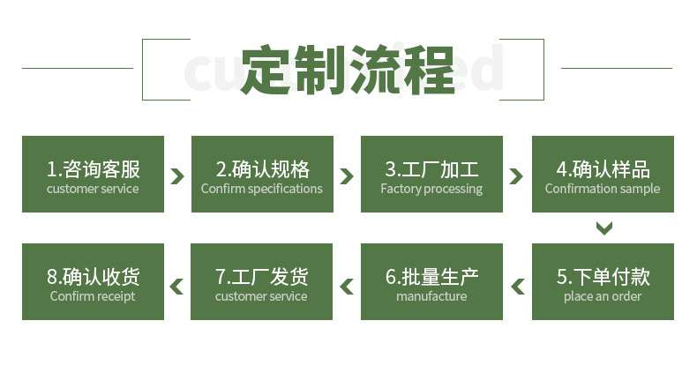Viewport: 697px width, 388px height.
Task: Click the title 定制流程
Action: coord(347,70)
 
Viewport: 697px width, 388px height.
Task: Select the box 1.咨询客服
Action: coord(93,174)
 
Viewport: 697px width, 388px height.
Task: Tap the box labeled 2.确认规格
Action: coord(262,174)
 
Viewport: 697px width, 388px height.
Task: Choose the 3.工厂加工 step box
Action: coord(431,174)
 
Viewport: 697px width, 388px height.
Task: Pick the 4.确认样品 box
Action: coord(603,174)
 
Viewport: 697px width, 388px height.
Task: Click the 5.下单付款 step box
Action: coord(603,281)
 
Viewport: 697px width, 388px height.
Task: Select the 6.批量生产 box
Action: coord(431,281)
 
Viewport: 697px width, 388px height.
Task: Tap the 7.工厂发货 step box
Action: coord(262,281)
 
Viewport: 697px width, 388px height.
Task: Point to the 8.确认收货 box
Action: coord(93,281)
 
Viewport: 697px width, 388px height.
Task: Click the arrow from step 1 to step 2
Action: coord(177,175)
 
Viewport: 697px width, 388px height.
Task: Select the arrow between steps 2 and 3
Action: coord(347,175)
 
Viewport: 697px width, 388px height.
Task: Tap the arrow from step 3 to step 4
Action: coord(517,175)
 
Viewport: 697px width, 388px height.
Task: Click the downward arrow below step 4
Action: coord(603,228)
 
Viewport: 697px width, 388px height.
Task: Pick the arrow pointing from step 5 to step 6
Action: coord(517,286)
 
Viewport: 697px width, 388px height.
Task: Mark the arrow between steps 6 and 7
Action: coord(347,286)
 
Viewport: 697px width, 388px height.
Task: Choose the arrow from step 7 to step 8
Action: coord(177,286)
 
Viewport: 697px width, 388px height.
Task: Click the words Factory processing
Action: coord(431,189)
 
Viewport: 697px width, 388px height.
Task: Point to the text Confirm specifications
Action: coord(262,189)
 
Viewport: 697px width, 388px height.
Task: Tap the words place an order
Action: coord(603,296)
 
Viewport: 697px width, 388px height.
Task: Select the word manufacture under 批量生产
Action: coord(431,296)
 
